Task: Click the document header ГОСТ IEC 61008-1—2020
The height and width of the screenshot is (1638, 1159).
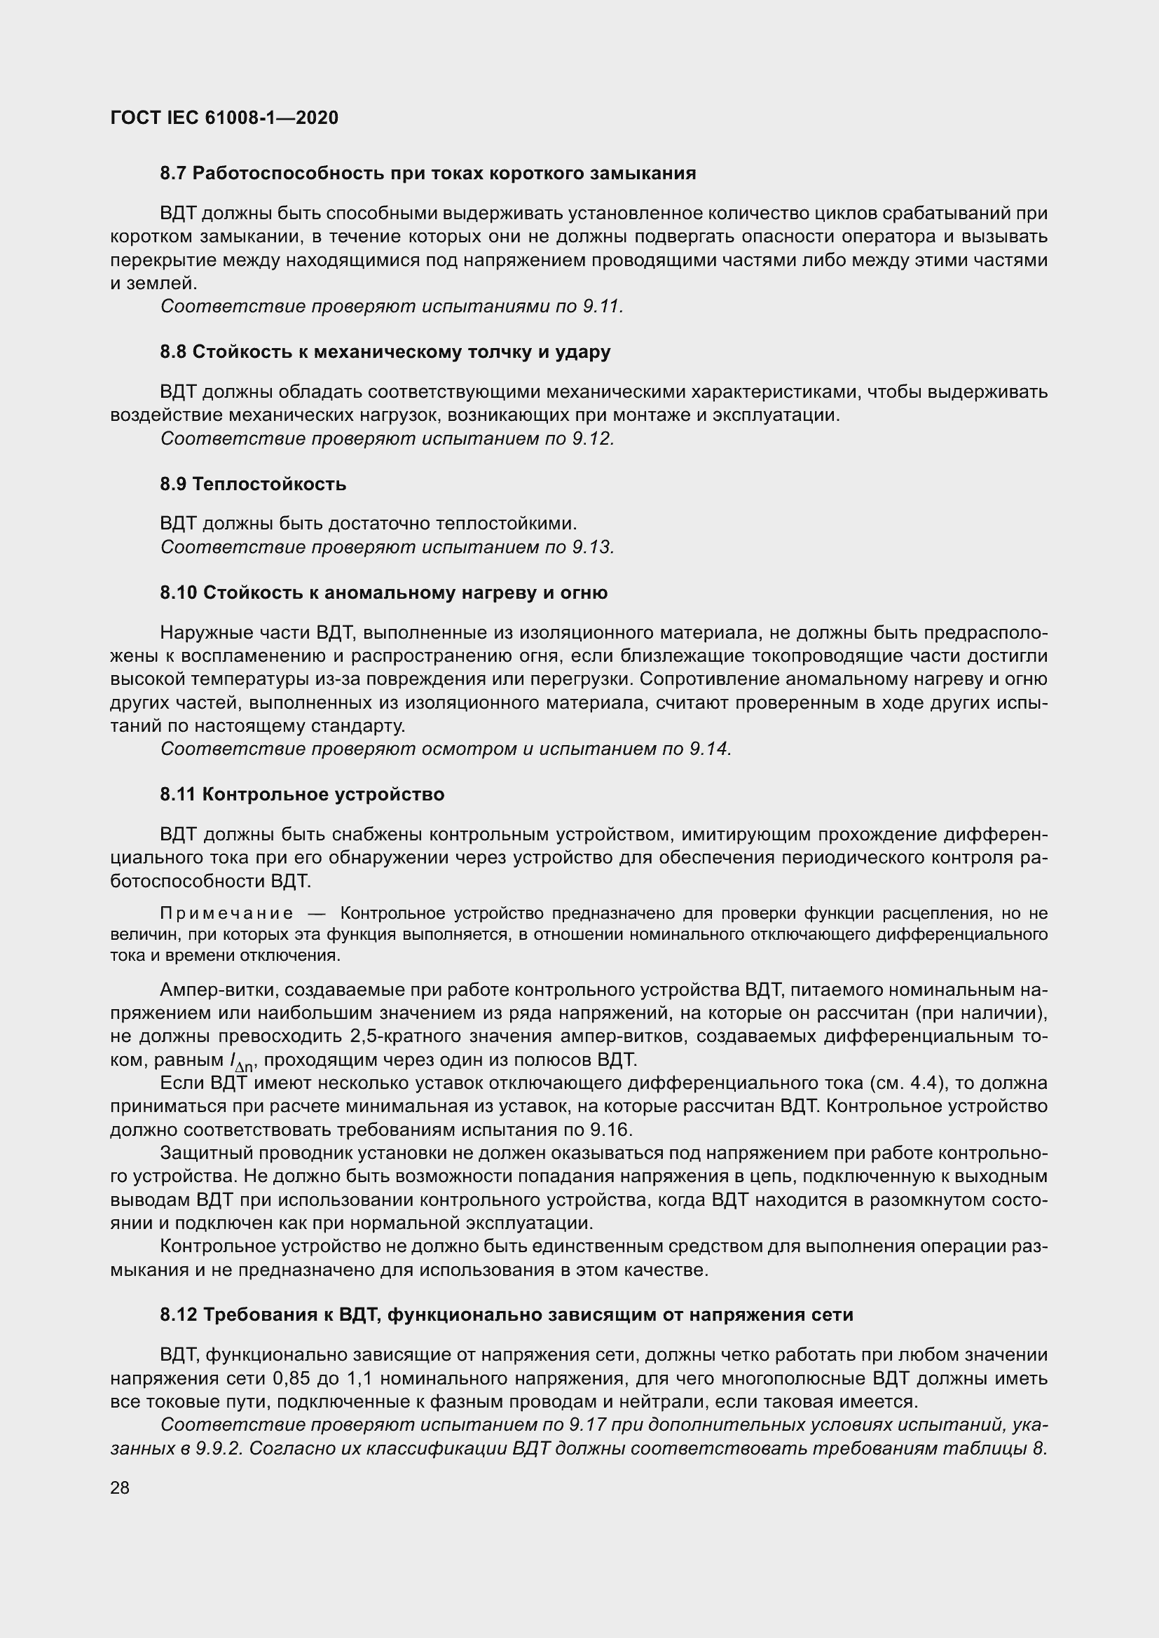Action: tap(224, 118)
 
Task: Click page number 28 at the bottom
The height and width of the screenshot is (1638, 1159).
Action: tap(120, 1487)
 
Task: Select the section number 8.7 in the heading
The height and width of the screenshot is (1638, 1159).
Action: tap(173, 174)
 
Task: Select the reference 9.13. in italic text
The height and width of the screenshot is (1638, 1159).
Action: tap(593, 547)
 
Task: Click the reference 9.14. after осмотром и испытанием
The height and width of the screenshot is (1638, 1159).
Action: tap(711, 749)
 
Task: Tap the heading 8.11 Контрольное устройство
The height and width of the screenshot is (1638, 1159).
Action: tap(302, 794)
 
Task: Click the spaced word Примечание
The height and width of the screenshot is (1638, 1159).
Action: tap(226, 913)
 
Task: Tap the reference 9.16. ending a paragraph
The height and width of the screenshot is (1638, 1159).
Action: tap(612, 1130)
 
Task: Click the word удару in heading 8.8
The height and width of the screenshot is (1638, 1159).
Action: tap(584, 352)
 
